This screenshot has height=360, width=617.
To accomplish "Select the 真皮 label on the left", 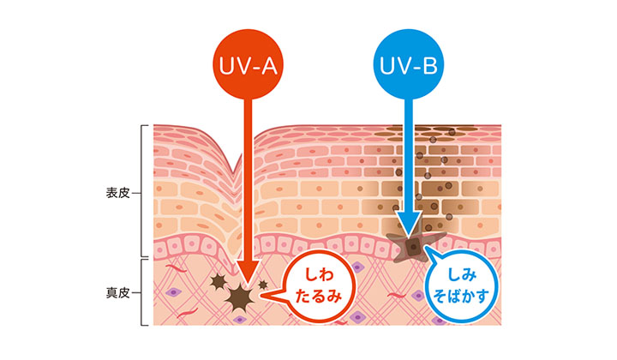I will tap(114, 293).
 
